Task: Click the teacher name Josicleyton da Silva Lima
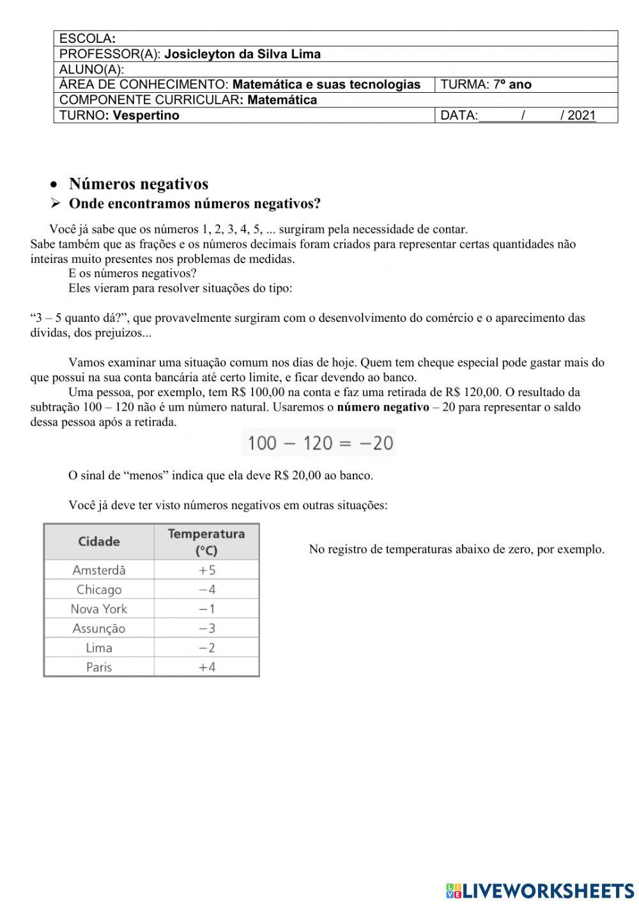(242, 54)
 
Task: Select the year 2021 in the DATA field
(581, 116)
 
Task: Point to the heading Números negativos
(138, 184)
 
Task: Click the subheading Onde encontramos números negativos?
(194, 204)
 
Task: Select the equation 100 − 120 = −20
(319, 443)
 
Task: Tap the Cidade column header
(99, 542)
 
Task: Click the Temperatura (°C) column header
(206, 542)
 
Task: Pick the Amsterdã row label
(99, 570)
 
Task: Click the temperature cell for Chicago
(206, 590)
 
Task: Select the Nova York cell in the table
(99, 609)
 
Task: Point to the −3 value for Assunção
(206, 628)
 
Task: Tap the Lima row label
(99, 648)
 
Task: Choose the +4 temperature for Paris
(206, 667)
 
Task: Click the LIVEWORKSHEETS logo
(540, 891)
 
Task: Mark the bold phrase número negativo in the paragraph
(383, 408)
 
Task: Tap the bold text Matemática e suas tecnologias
(327, 84)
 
